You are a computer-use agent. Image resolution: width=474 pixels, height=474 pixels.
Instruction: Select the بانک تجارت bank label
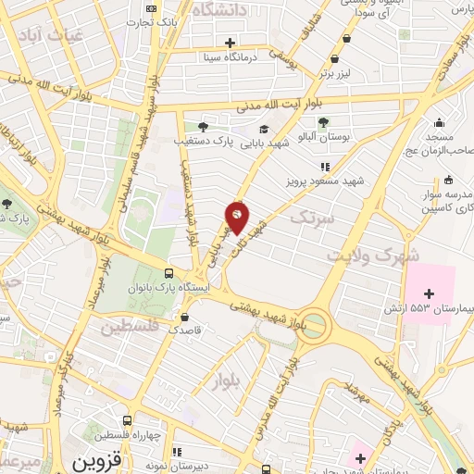click(x=150, y=19)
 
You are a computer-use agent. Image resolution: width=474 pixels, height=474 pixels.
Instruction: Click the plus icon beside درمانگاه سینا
click(x=230, y=42)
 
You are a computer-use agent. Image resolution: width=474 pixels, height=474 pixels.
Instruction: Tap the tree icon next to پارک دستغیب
click(x=203, y=128)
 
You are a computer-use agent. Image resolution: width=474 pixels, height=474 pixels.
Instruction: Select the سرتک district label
click(x=310, y=218)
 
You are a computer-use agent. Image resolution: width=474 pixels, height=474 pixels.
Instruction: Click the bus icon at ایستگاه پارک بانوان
click(x=168, y=273)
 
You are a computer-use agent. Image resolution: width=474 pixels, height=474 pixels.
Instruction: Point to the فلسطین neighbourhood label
click(x=130, y=328)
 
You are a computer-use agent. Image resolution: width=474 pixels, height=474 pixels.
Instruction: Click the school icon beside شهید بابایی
click(x=264, y=129)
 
